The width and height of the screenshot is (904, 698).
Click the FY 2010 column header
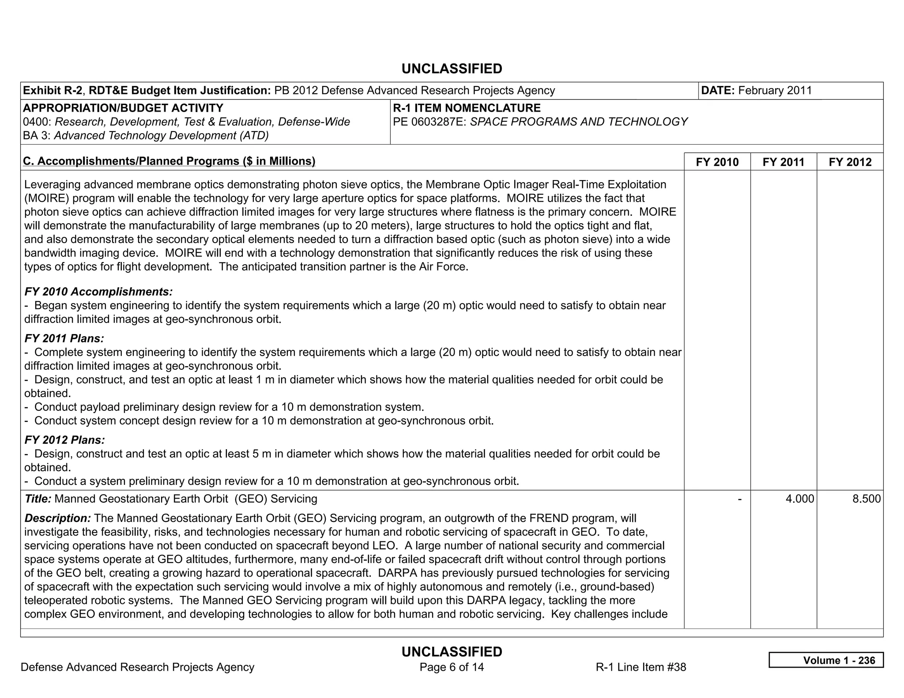717,162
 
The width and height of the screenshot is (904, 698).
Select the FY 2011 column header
783,162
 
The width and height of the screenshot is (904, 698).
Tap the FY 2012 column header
850,162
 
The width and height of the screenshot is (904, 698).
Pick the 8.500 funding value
866,499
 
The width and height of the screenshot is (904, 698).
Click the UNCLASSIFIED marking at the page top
452,69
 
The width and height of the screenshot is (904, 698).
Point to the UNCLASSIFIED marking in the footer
452,652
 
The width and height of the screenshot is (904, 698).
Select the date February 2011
775,90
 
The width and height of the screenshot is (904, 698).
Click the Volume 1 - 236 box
826,660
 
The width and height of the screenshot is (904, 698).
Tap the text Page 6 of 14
452,667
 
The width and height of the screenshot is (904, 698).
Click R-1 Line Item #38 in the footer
640,667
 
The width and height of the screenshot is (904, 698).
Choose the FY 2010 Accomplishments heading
98,292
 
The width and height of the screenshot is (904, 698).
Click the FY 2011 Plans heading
64,338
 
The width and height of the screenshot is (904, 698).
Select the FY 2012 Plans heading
65,440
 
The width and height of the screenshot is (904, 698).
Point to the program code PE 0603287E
429,122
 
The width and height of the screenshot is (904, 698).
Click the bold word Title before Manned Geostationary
38,499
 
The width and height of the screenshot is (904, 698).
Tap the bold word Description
58,518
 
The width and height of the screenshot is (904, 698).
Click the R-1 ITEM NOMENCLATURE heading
467,108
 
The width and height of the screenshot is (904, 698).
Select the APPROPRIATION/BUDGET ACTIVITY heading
123,108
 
